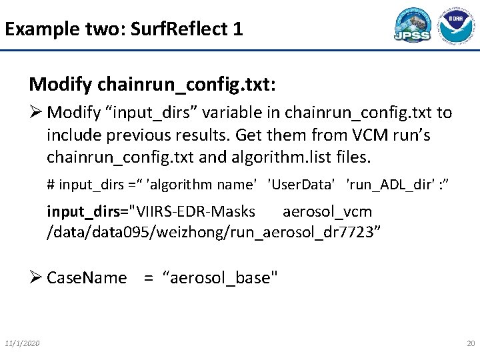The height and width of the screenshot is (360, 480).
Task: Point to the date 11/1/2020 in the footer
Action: click(22, 343)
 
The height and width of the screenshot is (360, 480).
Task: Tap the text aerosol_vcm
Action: click(327, 211)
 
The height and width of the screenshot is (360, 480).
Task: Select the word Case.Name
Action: click(87, 277)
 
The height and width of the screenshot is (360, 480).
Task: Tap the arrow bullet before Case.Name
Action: click(36, 277)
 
